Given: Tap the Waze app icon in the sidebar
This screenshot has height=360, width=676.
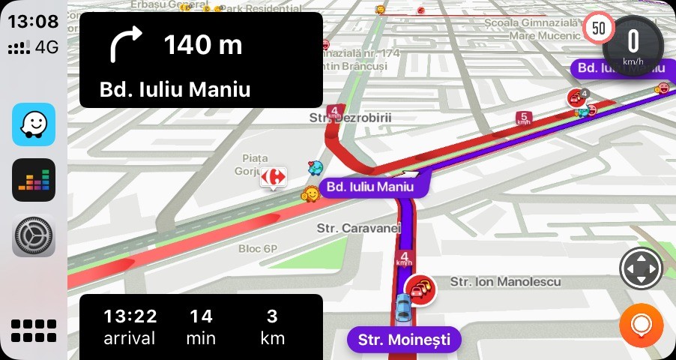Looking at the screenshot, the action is tap(34, 124).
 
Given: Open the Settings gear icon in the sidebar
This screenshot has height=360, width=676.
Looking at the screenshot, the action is tap(34, 236).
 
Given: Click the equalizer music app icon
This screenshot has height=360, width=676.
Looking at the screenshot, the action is tap(34, 180).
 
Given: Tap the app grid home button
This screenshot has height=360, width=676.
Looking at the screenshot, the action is tap(34, 330).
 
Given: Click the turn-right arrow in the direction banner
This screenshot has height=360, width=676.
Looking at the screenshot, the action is tap(125, 45).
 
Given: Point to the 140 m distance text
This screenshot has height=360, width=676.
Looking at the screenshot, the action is tap(203, 46).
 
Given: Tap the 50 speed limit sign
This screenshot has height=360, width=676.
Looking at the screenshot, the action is tap(599, 28).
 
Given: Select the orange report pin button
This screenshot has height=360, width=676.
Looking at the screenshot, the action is tap(641, 325).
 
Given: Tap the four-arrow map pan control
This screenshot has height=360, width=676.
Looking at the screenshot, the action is tap(641, 268).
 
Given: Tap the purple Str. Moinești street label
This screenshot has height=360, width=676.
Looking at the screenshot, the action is tap(404, 340).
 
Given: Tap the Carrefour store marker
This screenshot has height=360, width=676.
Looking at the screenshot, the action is tap(274, 177).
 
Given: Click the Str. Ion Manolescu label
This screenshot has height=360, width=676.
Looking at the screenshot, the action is tap(505, 281).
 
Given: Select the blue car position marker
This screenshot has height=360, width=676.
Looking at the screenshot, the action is tap(402, 306).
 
